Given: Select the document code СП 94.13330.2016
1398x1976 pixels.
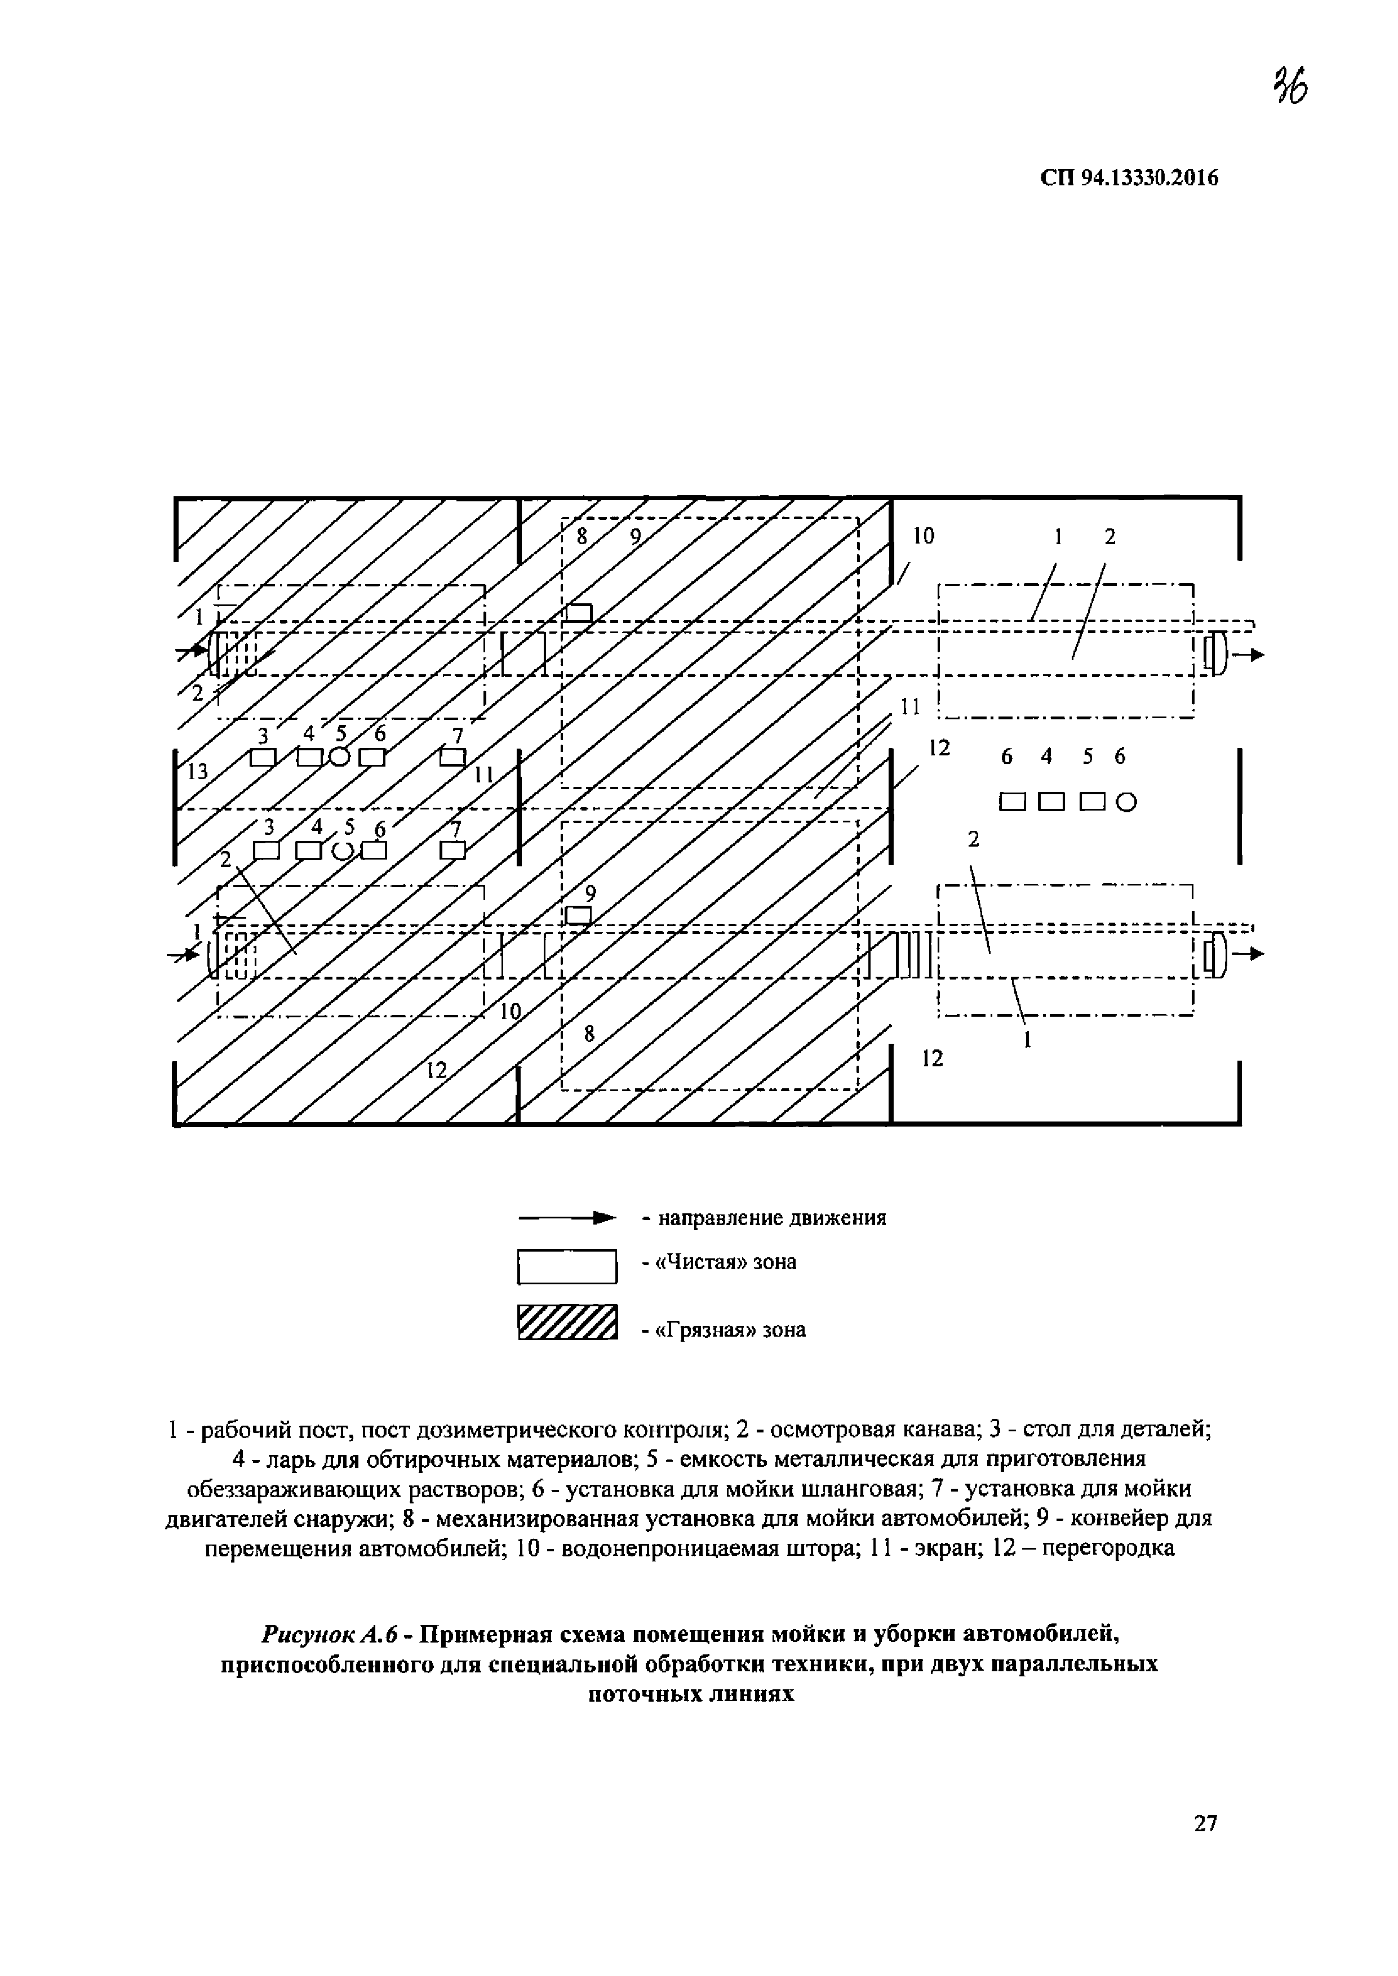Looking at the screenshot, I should tap(1129, 178).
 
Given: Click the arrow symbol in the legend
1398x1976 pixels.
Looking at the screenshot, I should tap(568, 1218).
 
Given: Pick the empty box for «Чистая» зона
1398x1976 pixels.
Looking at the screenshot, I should tap(568, 1266).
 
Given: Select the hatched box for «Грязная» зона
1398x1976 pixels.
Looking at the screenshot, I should tap(568, 1323).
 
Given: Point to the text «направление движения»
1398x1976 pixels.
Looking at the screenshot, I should tap(772, 1218).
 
